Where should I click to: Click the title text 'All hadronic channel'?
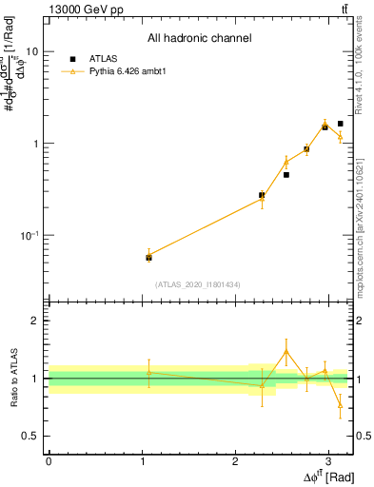click(x=199, y=39)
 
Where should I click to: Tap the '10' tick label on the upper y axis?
click(x=30, y=52)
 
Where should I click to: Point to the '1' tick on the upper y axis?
click(x=34, y=144)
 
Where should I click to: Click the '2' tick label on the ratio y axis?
click(x=35, y=321)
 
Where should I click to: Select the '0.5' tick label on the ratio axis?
click(x=30, y=437)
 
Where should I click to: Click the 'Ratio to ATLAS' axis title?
click(x=13, y=379)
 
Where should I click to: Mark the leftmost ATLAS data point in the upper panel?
click(x=148, y=258)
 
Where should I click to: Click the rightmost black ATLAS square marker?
click(x=340, y=124)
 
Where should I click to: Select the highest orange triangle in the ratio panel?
click(x=285, y=352)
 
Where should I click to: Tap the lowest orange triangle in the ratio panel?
click(x=340, y=405)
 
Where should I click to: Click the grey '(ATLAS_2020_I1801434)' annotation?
click(x=199, y=284)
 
